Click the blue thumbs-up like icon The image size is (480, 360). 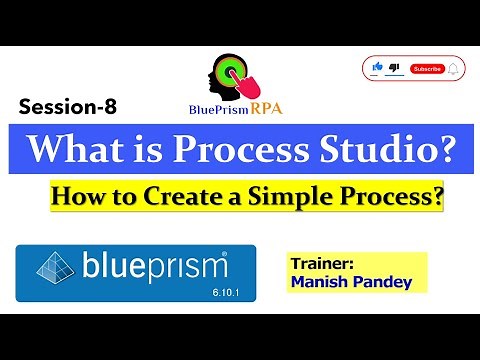[378, 67]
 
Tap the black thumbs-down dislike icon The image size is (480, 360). [394, 67]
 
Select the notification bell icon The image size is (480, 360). [453, 68]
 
